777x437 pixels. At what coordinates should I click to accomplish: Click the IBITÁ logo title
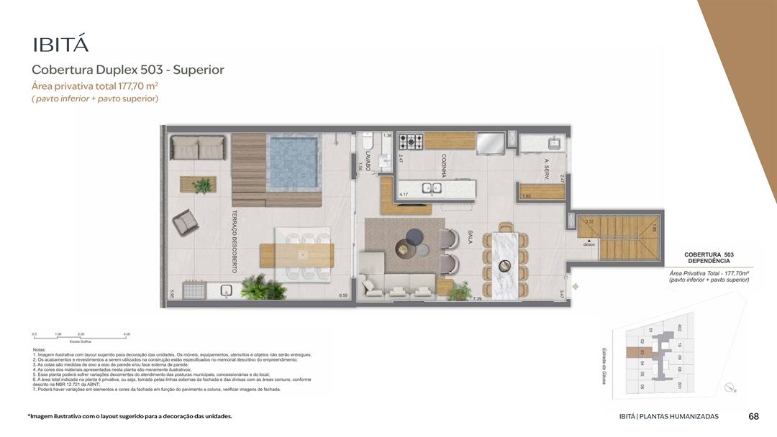(60, 45)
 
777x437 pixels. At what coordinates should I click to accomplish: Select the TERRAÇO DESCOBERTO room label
(235, 241)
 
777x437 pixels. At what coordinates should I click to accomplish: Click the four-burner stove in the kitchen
(411, 141)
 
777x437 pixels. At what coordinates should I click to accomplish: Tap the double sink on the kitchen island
(432, 189)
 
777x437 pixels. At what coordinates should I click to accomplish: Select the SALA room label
(470, 238)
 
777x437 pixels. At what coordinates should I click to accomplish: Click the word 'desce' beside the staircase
(590, 244)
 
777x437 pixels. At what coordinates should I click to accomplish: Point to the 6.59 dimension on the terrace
(343, 295)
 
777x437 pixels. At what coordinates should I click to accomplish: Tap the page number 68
(753, 416)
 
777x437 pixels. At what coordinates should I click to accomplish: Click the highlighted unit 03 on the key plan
(642, 352)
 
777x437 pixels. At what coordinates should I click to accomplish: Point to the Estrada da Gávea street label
(605, 366)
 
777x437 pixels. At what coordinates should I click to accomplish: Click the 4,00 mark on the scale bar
(127, 334)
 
